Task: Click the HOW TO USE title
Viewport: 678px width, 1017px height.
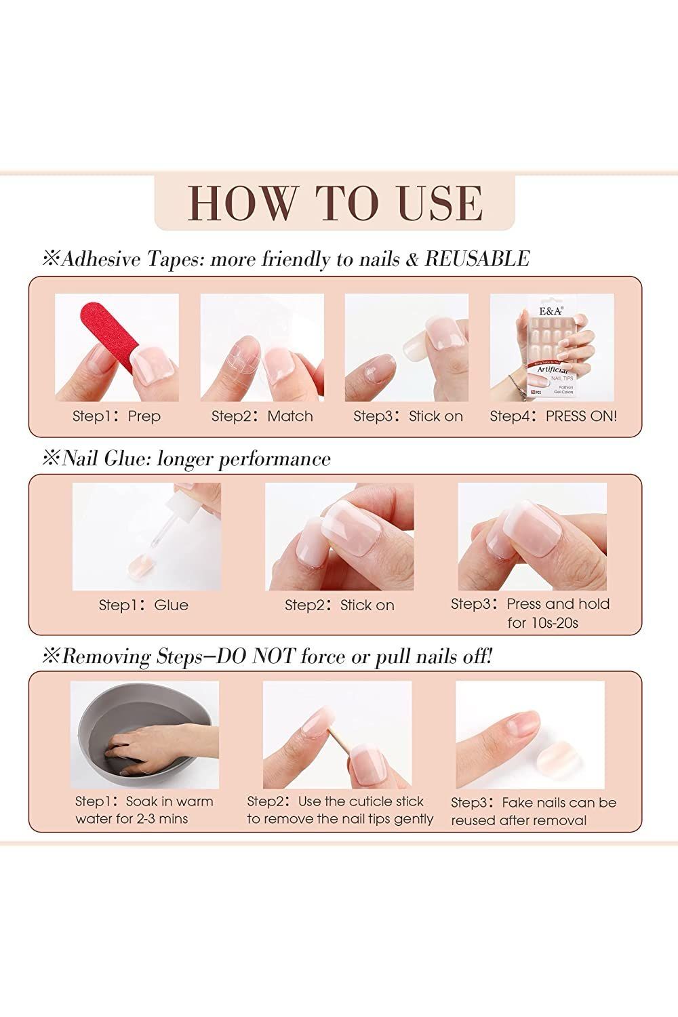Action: (x=335, y=202)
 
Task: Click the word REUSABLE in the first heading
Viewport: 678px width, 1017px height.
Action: (x=477, y=258)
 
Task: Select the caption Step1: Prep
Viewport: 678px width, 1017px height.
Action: (x=117, y=416)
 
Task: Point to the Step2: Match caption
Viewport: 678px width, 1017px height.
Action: (x=262, y=416)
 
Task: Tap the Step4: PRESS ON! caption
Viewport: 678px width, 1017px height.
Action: (x=553, y=416)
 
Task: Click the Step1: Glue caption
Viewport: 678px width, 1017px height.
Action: (x=143, y=605)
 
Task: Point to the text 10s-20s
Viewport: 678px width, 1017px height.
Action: (x=542, y=622)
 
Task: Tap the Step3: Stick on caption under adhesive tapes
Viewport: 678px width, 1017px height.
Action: (x=407, y=416)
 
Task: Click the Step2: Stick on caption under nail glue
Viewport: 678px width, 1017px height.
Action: (x=339, y=605)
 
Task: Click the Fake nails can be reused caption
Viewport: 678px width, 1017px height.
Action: (x=533, y=811)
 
